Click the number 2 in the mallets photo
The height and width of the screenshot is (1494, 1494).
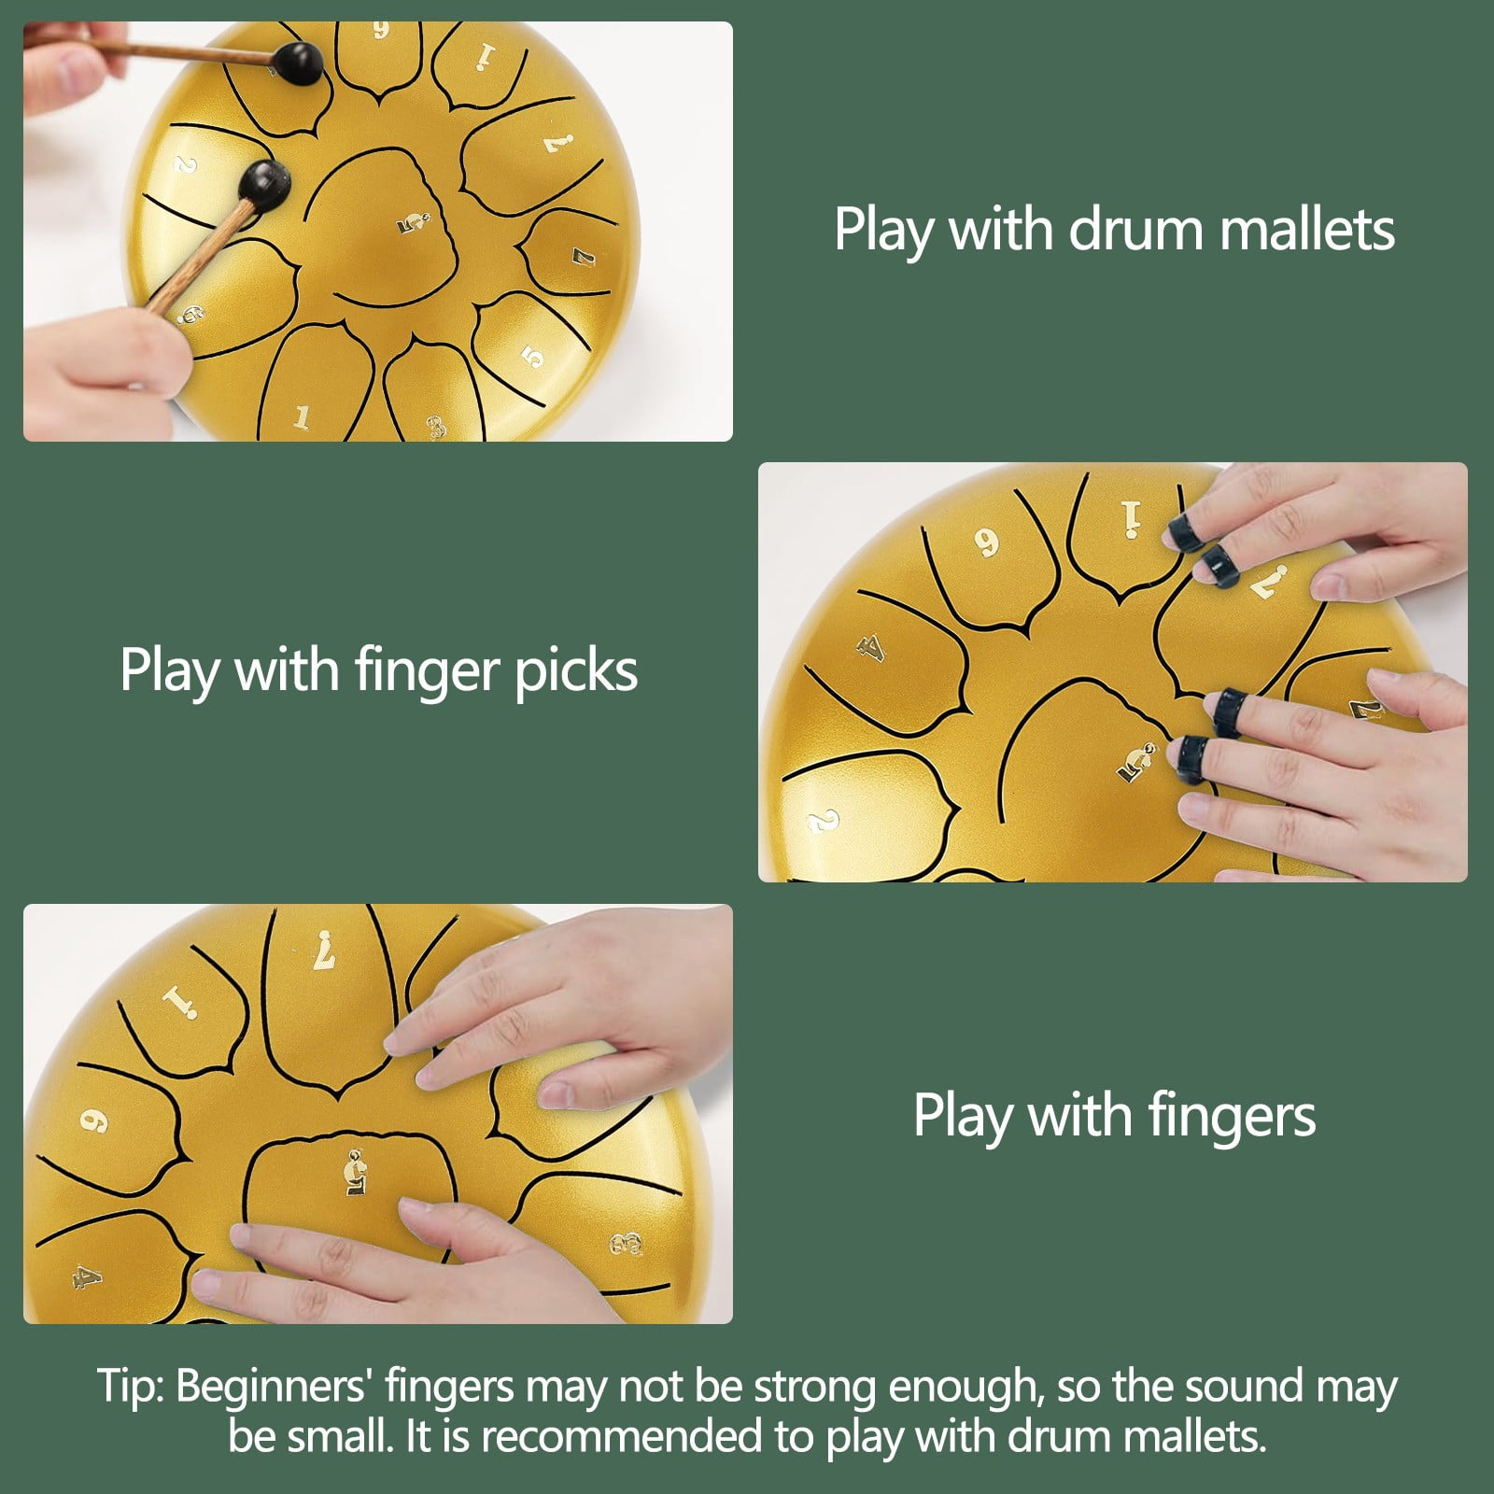click(186, 165)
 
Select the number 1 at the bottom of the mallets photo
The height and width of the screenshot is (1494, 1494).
click(302, 417)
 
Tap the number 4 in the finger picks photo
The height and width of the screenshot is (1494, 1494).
click(870, 647)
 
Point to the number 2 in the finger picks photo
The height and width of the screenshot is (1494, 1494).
click(822, 822)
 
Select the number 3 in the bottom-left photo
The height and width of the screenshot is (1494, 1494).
click(627, 1243)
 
